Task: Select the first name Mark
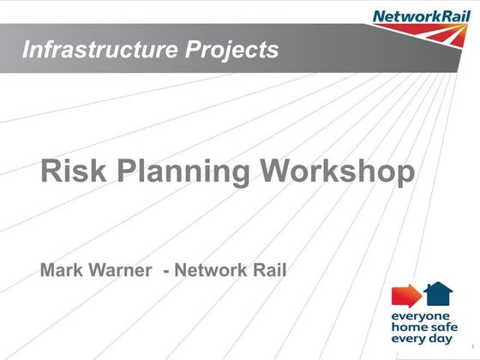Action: click(x=63, y=272)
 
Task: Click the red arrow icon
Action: click(x=405, y=296)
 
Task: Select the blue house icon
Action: click(x=439, y=294)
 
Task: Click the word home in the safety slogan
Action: click(x=408, y=327)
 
